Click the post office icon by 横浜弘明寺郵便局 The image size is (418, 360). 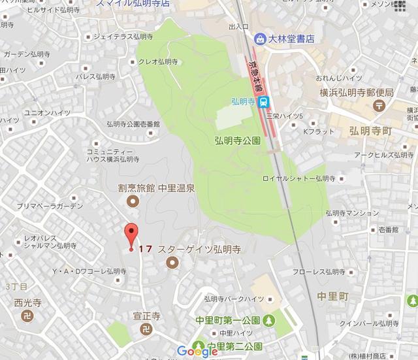coord(379,105)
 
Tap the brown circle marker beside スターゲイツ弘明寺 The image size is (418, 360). coord(172,263)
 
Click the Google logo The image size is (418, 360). coord(197,352)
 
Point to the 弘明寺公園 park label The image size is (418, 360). coord(237,140)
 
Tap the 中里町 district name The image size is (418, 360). coord(333,296)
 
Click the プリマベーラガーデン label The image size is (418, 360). coord(42,206)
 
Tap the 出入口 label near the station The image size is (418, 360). coord(238,27)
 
